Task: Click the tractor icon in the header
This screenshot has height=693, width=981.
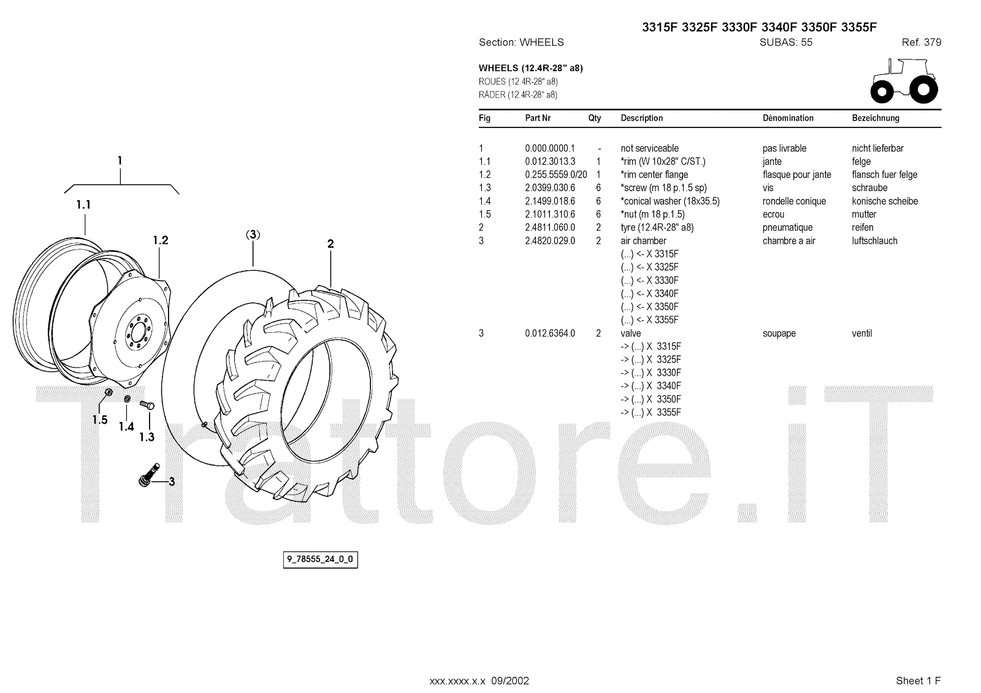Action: (904, 80)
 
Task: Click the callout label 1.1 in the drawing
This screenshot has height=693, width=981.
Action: (83, 205)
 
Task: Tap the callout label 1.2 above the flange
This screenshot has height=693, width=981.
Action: (161, 240)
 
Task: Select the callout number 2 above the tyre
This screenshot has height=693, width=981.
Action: (330, 244)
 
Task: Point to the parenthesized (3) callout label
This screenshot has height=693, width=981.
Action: (253, 235)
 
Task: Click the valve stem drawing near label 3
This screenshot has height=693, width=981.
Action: (148, 475)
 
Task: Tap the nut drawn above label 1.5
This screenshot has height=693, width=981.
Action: (108, 393)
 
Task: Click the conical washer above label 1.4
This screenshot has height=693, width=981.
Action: (127, 400)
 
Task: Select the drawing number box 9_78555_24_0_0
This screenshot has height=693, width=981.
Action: (320, 559)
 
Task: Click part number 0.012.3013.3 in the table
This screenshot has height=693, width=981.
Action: (550, 162)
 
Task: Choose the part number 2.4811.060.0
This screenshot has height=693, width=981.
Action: (550, 228)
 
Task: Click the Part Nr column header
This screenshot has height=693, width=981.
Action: (538, 118)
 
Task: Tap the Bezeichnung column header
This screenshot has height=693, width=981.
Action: (876, 118)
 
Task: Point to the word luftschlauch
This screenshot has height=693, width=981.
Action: (874, 241)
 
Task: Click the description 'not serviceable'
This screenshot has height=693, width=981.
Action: (649, 148)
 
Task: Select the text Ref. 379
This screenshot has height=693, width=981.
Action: (921, 42)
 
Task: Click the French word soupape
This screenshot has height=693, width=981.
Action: (779, 334)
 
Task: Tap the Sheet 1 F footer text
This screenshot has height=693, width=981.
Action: (918, 681)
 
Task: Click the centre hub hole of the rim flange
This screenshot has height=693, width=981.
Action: (136, 336)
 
